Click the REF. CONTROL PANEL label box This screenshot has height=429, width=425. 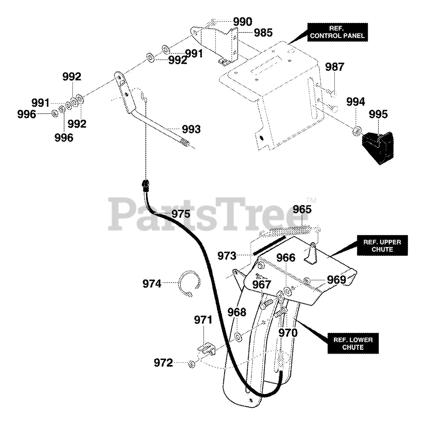pyautogui.click(x=337, y=32)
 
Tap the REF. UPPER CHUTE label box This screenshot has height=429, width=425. pyautogui.click(x=382, y=246)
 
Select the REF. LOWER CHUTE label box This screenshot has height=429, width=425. pyautogui.click(x=353, y=344)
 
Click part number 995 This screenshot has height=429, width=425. pyautogui.click(x=378, y=114)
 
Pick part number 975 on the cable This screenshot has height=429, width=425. pyautogui.click(x=180, y=214)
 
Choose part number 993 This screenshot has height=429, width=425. pyautogui.click(x=191, y=129)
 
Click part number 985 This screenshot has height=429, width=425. pyautogui.click(x=263, y=33)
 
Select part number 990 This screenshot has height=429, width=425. pyautogui.click(x=243, y=22)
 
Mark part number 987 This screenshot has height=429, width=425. pyautogui.click(x=334, y=67)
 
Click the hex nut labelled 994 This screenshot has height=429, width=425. pyautogui.click(x=357, y=131)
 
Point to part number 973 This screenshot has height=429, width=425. pyautogui.click(x=227, y=256)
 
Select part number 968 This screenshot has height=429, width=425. pyautogui.click(x=236, y=312)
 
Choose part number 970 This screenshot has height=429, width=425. pyautogui.click(x=288, y=333)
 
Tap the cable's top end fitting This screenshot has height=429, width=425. pyautogui.click(x=146, y=184)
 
